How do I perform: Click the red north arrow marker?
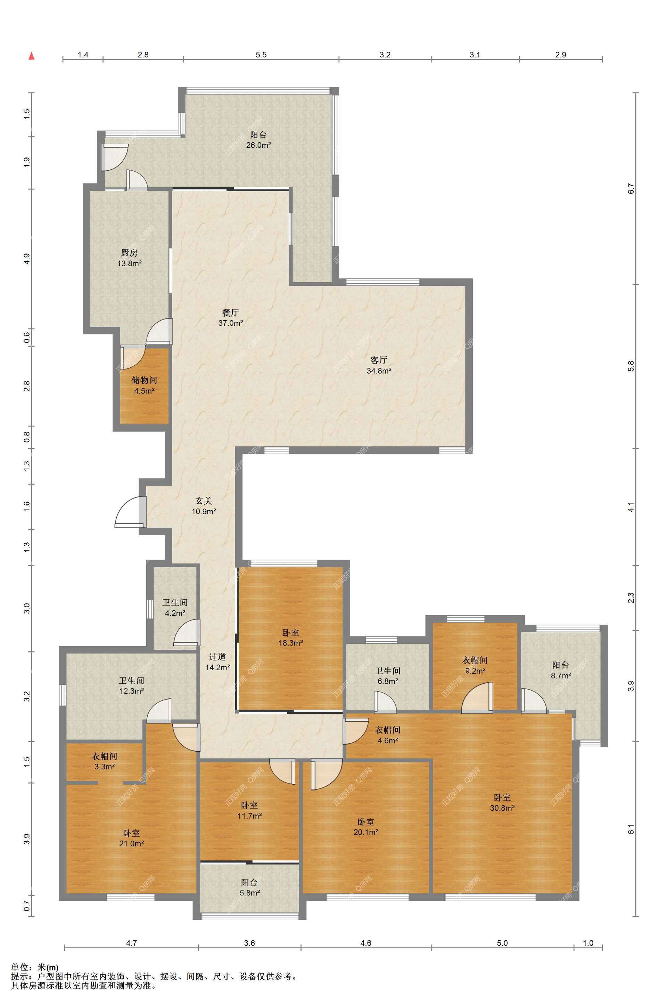(x=31, y=56)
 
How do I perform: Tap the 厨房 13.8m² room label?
(x=129, y=258)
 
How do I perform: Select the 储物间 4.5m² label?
(x=144, y=385)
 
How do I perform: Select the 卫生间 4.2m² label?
(x=175, y=608)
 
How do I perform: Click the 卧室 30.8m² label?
(x=502, y=802)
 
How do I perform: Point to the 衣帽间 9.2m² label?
(x=475, y=666)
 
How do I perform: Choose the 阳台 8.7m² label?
(x=561, y=670)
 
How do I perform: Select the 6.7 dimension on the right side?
(x=631, y=188)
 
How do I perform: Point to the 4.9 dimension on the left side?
(x=26, y=259)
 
